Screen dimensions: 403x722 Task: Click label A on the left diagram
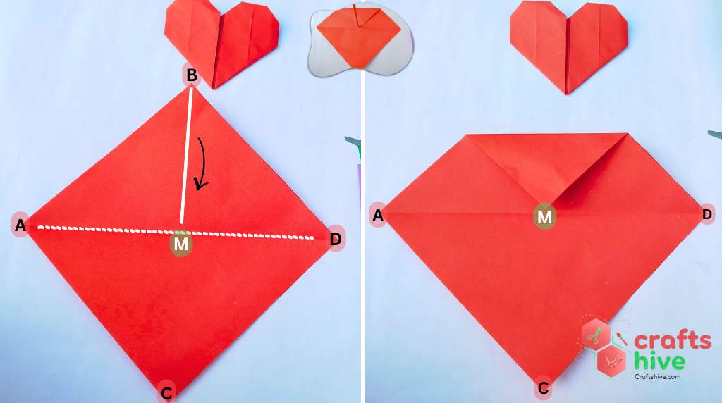coord(20,225)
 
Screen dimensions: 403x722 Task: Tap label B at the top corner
coord(190,75)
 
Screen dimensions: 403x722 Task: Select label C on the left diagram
coord(166,392)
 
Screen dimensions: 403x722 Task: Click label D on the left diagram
coord(336,240)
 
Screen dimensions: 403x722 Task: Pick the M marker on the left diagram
coord(181,244)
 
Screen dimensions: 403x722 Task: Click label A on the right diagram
coord(378,216)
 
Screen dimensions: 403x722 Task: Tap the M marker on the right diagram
coord(544,217)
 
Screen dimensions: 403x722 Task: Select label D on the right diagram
coord(707,214)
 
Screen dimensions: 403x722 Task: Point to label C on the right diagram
coord(543,387)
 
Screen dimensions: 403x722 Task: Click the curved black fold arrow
coord(203,163)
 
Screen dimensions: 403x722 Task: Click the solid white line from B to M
coord(187,155)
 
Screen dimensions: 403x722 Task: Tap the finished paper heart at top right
coord(568,44)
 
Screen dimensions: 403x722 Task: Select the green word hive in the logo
coord(659,361)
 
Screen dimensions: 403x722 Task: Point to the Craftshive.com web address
coord(657,377)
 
